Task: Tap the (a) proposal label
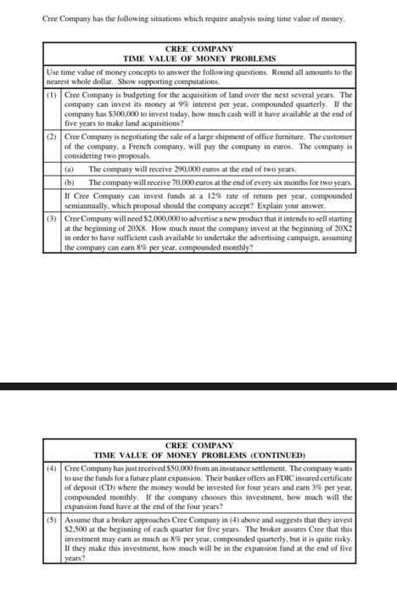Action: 70,170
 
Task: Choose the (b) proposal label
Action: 70,182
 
